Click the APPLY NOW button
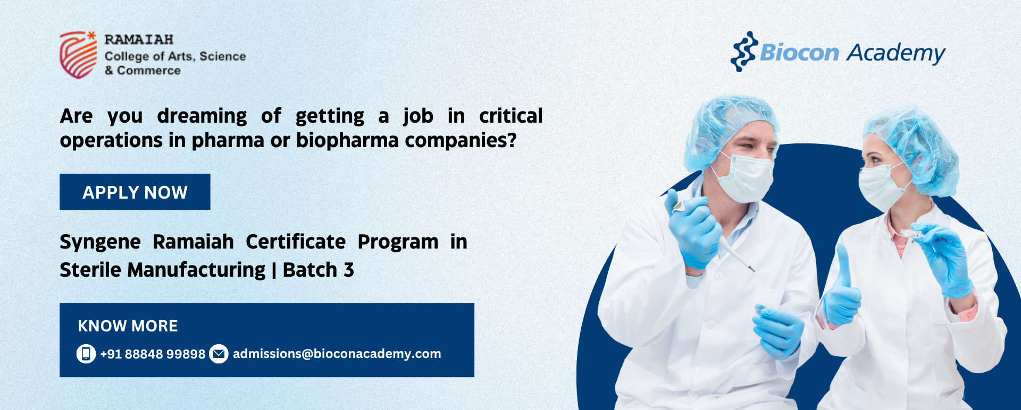[135, 192]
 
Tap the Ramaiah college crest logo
[78, 55]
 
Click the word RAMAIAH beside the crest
[139, 40]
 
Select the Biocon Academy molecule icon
[744, 52]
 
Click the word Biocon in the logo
[799, 53]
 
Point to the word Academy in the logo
[896, 54]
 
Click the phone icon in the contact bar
[86, 354]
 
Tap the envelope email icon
[219, 354]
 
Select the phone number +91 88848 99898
[153, 354]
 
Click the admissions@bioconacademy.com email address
[337, 354]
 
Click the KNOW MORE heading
[128, 326]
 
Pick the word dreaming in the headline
[202, 116]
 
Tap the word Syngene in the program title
[100, 243]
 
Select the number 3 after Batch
[349, 270]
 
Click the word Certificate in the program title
[296, 242]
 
